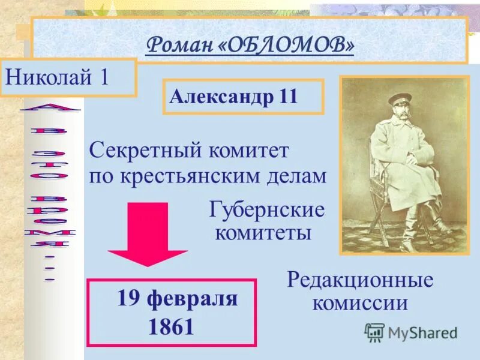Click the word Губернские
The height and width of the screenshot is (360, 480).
point(267,210)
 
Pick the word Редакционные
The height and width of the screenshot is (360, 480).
point(360,279)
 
